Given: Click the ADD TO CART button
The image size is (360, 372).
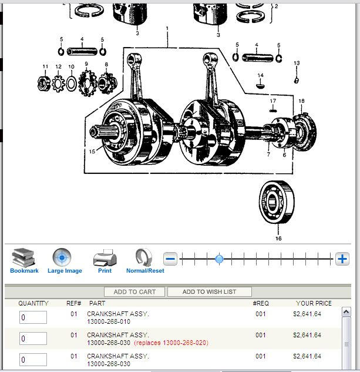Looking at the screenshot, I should (134, 291).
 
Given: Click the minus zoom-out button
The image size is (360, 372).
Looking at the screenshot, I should (170, 259).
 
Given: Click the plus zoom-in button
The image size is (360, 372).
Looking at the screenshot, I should (342, 259).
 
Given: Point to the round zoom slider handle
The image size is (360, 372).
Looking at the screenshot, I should (219, 259).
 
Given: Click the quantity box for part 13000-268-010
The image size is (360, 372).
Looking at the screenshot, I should (33, 317).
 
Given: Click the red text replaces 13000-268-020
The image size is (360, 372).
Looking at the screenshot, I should (171, 343).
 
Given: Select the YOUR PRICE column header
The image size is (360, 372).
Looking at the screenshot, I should (314, 303).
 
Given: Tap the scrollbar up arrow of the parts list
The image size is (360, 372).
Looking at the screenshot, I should (346, 312).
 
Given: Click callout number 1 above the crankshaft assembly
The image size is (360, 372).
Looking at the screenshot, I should (167, 28).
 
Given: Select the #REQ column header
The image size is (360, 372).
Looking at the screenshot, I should (261, 303).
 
